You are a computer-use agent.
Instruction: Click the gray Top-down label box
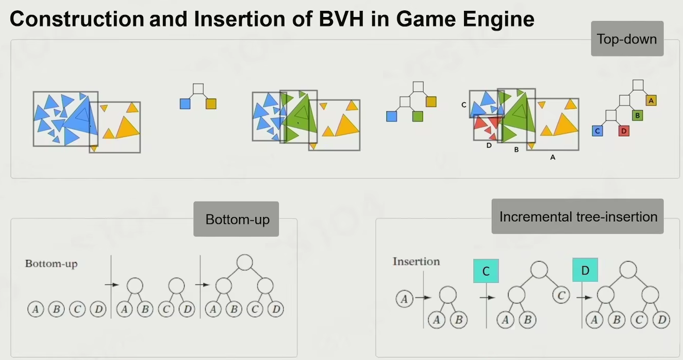pos(627,39)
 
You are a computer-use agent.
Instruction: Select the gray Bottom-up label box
pos(237,219)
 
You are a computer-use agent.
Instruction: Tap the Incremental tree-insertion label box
pos(578,217)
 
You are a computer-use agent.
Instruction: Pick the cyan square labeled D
pos(585,270)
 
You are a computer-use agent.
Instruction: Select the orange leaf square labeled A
pos(651,101)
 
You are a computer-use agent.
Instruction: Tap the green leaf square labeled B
pos(637,116)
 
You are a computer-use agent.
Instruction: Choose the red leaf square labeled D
pos(624,131)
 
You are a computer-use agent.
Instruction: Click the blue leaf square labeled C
pos(597,131)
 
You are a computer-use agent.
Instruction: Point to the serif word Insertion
pos(416,261)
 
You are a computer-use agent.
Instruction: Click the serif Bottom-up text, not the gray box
pos(51,264)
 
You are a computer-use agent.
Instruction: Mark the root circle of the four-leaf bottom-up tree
pos(245,263)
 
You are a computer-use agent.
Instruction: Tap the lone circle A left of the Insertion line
pos(405,298)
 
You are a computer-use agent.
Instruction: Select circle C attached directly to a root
pos(561,296)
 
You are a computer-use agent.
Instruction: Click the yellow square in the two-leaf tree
pos(211,104)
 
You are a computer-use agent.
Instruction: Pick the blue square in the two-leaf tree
pos(185,104)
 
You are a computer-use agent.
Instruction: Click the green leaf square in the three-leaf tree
pos(418,117)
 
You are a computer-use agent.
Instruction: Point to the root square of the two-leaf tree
pos(198,89)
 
